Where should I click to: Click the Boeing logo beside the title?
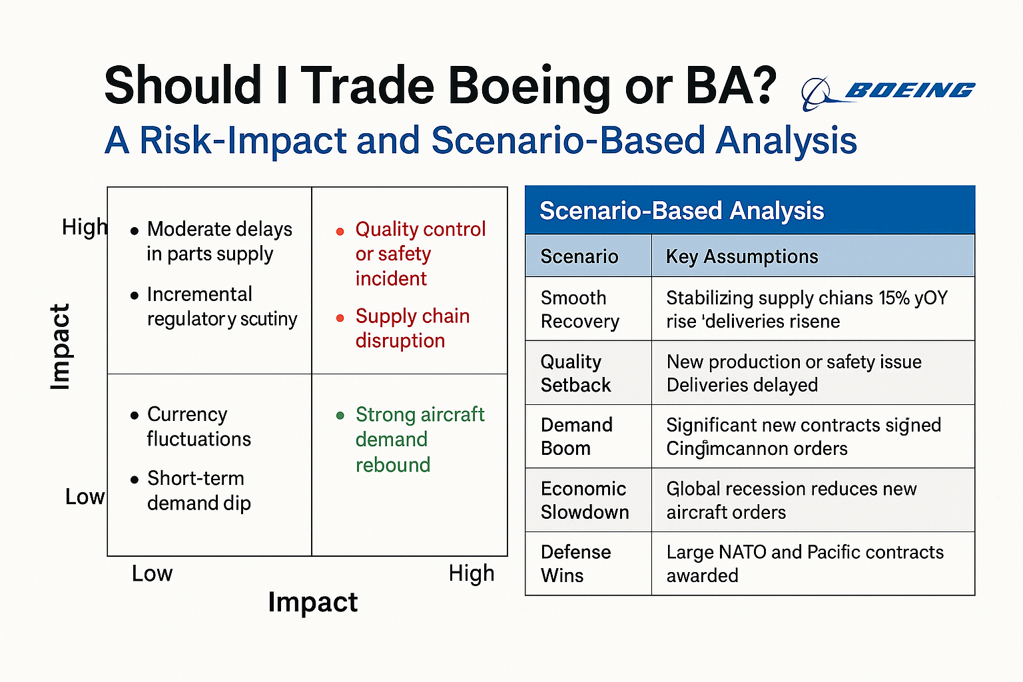[x=888, y=91]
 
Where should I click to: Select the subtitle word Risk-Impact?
[x=244, y=141]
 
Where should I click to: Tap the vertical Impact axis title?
[x=60, y=346]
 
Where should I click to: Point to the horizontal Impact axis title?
[x=312, y=602]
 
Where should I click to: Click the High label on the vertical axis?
[x=84, y=227]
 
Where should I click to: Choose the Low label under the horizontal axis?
[x=152, y=573]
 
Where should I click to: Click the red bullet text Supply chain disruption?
[x=412, y=328]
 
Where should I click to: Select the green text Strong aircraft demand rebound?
[x=419, y=439]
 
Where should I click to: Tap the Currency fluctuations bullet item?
[x=198, y=426]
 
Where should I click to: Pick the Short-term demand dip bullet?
[x=198, y=491]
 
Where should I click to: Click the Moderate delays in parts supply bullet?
[x=218, y=241]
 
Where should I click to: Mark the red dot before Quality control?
[x=340, y=232]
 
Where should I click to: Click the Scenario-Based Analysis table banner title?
[x=681, y=211]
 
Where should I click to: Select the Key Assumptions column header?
[x=742, y=256]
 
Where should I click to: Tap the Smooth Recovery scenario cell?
[x=579, y=309]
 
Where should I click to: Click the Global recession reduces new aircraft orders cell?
[x=791, y=500]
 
